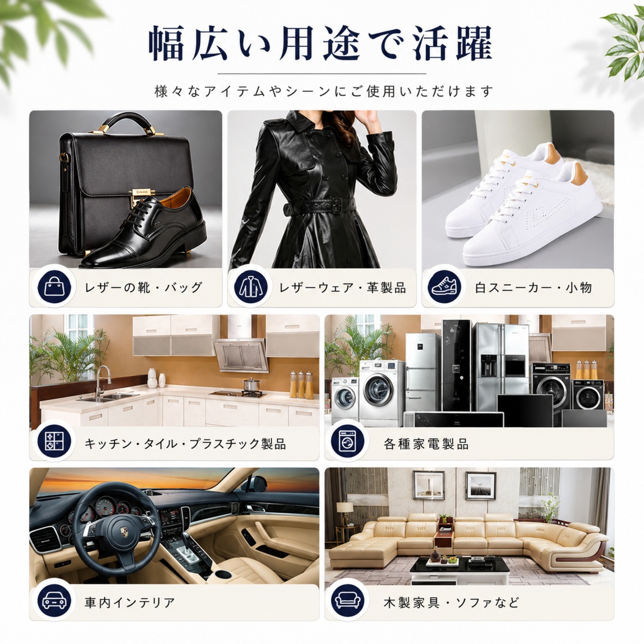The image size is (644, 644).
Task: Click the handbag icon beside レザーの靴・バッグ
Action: (54, 287)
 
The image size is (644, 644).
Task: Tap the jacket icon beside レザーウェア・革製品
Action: (251, 287)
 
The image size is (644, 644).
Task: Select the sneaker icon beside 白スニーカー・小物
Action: (444, 287)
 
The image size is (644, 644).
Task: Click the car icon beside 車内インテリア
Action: (54, 602)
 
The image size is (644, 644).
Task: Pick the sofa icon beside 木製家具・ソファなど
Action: (347, 602)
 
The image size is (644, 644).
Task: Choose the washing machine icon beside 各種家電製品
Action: (347, 443)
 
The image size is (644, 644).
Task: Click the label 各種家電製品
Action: (426, 444)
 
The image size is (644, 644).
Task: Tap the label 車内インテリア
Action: (129, 603)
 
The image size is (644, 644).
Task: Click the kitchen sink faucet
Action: (102, 380)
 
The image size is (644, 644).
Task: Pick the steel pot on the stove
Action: (252, 385)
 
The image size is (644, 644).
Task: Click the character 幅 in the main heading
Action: (167, 43)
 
